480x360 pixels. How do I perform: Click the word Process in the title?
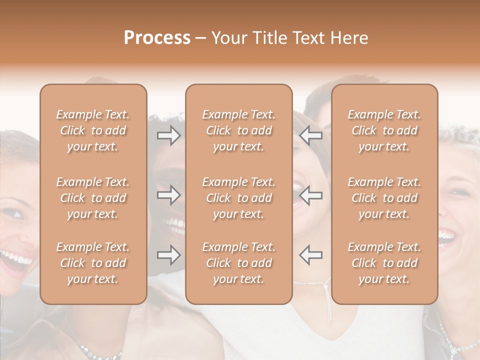[x=157, y=38]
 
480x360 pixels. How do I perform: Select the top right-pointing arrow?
[x=168, y=135]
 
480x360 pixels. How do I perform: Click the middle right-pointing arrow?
[x=168, y=195]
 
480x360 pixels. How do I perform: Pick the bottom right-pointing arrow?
[x=168, y=255]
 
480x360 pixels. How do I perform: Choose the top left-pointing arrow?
[x=311, y=135]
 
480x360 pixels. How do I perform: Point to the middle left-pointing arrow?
[x=311, y=195]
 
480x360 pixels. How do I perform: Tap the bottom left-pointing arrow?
[x=311, y=255]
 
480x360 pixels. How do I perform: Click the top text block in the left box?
[x=93, y=130]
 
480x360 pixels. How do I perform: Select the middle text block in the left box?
[x=93, y=198]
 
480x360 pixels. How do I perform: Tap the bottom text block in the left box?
[x=93, y=263]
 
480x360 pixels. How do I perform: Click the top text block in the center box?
[x=238, y=130]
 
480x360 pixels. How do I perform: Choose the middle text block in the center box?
[x=238, y=198]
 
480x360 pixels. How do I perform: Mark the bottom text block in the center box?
[x=238, y=263]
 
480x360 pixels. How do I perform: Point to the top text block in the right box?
[x=384, y=130]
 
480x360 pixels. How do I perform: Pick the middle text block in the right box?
[x=384, y=198]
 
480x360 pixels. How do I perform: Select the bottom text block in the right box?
[x=384, y=263]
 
